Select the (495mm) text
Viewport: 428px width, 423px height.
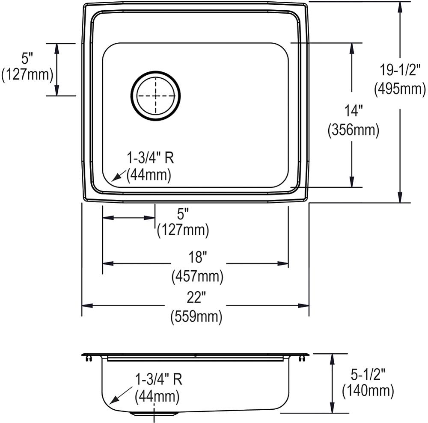399,89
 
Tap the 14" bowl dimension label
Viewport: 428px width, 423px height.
353,111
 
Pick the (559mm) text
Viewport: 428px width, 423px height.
196,317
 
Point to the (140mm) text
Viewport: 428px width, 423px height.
369,390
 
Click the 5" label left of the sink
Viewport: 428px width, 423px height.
27,56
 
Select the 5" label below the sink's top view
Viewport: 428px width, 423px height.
183,212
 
